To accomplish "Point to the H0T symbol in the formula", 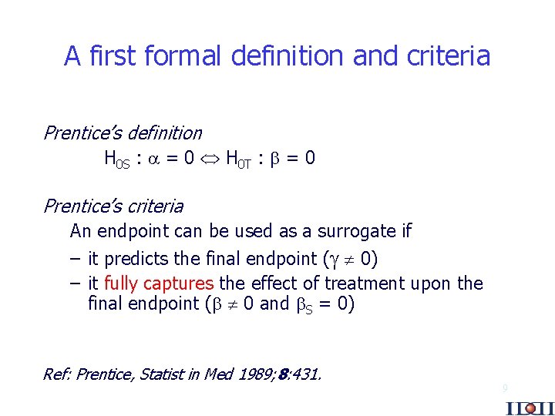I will pos(238,159).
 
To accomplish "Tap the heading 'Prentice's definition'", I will pos(122,133).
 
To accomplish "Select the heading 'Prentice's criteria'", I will pos(113,206).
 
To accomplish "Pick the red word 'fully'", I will pos(119,283).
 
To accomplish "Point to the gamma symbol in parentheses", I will pos(336,258).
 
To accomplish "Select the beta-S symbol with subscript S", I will pos(304,304).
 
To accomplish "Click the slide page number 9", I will pos(505,388).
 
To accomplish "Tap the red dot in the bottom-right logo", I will pos(530,408).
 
